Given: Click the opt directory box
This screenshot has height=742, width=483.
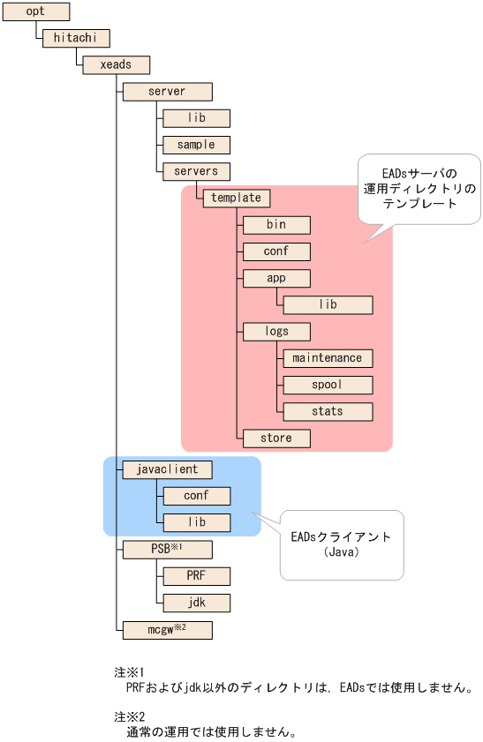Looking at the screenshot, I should [36, 11].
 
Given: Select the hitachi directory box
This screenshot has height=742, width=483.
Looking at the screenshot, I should [75, 38].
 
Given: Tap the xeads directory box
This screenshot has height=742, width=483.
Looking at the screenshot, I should [117, 64].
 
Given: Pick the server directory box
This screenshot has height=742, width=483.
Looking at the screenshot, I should [167, 91].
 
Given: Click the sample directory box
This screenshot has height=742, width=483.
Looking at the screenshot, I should [196, 144].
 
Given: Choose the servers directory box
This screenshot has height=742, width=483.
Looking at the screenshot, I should [196, 170].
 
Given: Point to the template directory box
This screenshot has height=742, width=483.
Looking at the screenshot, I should [236, 199].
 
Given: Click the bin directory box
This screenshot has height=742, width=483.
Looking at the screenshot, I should [276, 225].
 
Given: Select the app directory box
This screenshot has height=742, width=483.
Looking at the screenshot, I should [276, 278].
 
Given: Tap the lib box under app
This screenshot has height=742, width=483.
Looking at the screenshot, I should [328, 304].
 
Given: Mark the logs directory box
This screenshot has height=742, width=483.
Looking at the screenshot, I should [276, 331].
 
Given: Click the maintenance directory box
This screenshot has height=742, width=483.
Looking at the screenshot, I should [328, 358].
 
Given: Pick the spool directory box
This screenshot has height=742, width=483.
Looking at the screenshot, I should [328, 385].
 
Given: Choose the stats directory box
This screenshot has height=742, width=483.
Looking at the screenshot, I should [328, 411].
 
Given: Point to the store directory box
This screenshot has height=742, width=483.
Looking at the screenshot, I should [276, 438].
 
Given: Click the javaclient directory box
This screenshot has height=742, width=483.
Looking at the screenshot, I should [167, 468].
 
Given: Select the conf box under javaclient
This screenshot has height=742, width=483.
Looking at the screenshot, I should [196, 496].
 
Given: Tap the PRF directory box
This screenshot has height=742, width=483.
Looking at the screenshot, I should [196, 576].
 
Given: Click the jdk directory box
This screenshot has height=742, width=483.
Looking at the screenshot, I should [196, 603].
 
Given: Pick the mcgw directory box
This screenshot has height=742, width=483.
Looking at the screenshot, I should [167, 629].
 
